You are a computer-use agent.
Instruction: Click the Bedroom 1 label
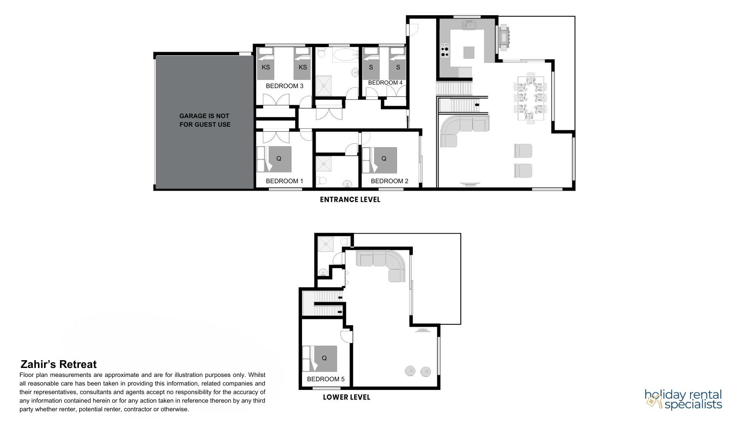284,181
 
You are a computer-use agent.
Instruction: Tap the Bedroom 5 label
325,379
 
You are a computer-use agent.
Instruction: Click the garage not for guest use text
205,120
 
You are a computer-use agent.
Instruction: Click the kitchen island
469,53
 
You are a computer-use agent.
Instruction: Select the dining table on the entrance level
531,99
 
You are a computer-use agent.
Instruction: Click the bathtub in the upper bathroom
346,55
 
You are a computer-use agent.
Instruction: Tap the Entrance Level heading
350,200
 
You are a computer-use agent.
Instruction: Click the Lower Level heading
346,397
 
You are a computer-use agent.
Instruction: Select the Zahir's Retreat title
59,364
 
